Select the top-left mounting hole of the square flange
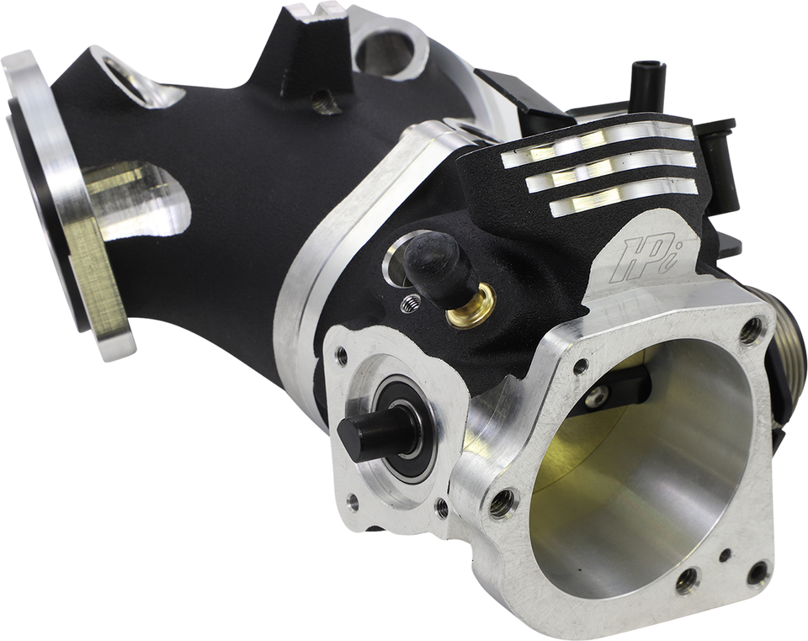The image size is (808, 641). click(x=580, y=367)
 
